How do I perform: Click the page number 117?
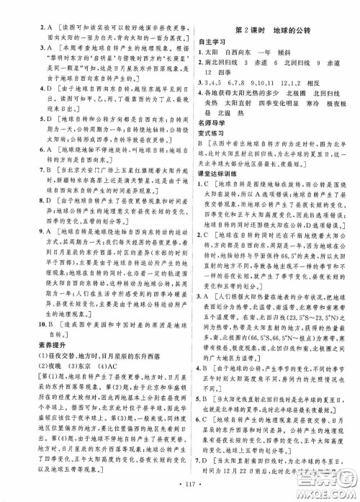tap(181, 492)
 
